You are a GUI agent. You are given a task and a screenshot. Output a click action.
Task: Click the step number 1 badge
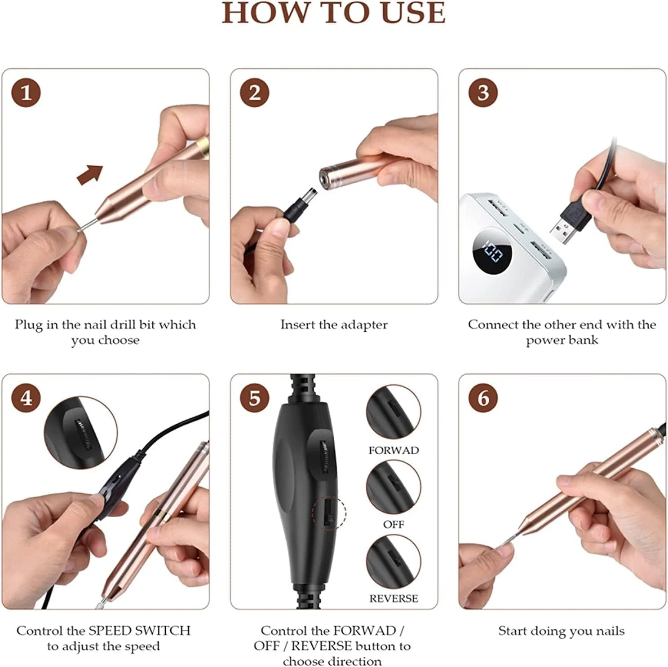coord(26,93)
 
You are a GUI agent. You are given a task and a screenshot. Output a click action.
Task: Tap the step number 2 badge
coord(254,93)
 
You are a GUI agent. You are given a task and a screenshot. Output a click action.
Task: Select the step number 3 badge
coord(483,93)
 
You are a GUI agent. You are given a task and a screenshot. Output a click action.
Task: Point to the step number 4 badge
coord(26,398)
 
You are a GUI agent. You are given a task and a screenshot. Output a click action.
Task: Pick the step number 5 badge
coord(254,398)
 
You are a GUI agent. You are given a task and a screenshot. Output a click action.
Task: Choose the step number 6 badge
coord(483,398)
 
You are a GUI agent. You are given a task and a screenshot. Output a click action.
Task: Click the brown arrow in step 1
coord(90,174)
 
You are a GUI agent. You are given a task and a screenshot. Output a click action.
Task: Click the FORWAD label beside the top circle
coord(394,450)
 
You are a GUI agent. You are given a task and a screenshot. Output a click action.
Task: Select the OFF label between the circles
coord(394,524)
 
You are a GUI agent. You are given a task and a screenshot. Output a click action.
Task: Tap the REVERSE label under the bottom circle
coord(394,598)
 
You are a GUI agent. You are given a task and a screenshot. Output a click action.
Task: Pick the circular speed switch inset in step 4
coord(81,433)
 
